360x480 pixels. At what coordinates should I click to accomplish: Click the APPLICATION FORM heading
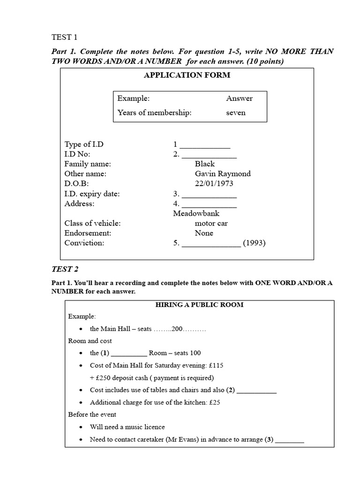(187, 75)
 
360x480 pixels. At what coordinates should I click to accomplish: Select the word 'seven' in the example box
(236, 112)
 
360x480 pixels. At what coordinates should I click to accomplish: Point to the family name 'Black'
(204, 164)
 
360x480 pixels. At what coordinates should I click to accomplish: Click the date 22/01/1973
(214, 183)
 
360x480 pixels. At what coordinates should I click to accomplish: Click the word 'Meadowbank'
(196, 213)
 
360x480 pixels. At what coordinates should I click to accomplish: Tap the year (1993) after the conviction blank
(255, 243)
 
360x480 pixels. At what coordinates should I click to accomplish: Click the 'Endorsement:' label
(88, 233)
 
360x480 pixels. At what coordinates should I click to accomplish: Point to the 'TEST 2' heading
(65, 269)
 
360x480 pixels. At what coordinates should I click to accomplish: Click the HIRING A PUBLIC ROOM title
(199, 305)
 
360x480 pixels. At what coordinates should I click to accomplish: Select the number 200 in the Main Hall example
(177, 329)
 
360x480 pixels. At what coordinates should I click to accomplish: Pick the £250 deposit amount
(105, 377)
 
